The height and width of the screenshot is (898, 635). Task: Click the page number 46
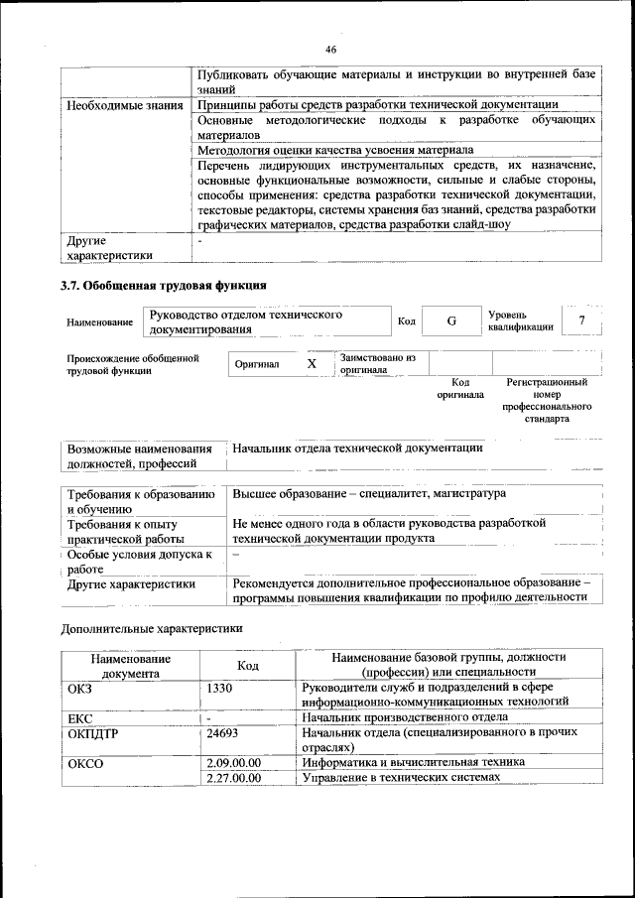pos(330,49)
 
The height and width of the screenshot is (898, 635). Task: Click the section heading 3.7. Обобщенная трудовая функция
pos(164,286)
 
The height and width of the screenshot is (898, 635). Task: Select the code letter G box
pos(450,321)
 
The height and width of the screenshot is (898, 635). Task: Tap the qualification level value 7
pos(581,320)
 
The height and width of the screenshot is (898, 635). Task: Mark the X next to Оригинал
pos(312,364)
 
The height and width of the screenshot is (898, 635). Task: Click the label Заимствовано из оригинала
pos(377,363)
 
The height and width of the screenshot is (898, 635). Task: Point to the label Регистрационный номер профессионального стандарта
pos(547,400)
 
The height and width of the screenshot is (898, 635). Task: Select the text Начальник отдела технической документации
pos(358,448)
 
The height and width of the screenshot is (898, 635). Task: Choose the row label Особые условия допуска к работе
pos(140,562)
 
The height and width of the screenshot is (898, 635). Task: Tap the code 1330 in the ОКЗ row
pos(219,687)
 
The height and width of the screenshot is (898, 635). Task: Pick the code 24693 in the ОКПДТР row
pos(224,734)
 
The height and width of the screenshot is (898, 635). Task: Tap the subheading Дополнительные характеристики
pos(152,628)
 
